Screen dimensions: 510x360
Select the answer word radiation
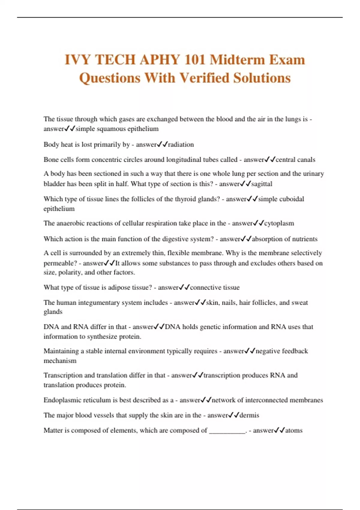(181, 145)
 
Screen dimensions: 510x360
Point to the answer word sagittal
(262, 184)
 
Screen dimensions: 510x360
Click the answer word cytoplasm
(279, 223)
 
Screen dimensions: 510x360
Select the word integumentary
(99, 302)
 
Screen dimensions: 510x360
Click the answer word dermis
(249, 415)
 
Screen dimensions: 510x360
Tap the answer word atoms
(294, 430)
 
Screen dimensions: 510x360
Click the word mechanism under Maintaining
(60, 361)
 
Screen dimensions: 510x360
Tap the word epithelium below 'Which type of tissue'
(59, 208)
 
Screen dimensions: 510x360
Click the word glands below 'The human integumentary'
(53, 312)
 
